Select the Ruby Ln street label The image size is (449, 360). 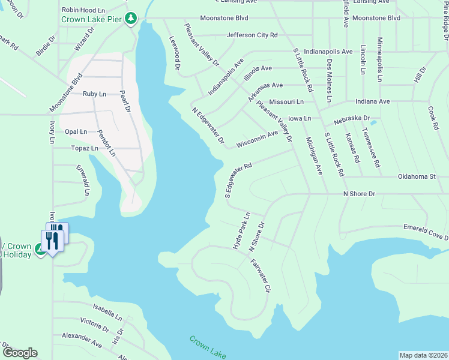pos(94,94)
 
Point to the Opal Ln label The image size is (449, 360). pos(76,131)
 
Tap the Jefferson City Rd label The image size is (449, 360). pos(252,35)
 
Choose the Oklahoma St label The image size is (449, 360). pos(416,176)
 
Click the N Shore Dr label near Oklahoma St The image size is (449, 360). pos(358,194)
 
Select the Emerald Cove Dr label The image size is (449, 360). pos(424,232)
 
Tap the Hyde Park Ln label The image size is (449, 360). pos(241,230)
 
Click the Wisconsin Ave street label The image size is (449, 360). pos(257,139)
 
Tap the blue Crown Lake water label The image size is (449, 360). pos(208,347)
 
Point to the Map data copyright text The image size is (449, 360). pos(423,355)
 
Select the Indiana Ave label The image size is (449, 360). pos(372,101)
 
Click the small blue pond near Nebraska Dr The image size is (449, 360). pos(373,123)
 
